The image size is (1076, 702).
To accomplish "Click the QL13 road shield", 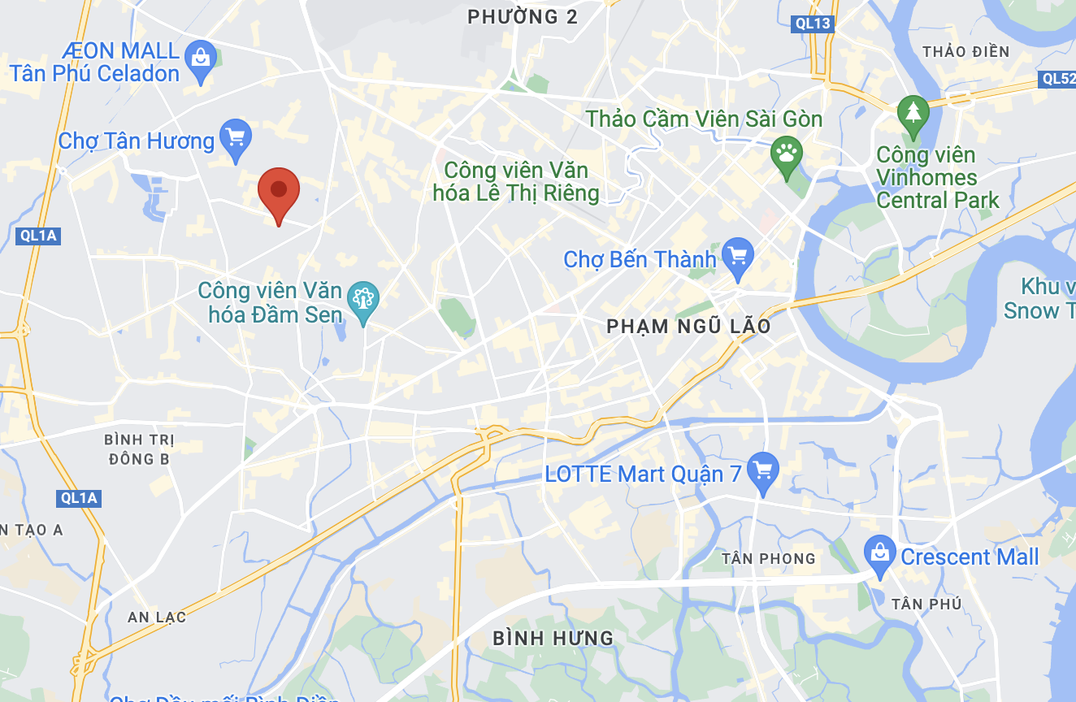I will tap(813, 24).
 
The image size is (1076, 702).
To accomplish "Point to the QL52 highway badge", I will tap(1056, 79).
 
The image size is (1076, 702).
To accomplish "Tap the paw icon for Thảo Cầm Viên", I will tap(787, 154).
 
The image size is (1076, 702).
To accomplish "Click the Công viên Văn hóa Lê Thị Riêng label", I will tap(521, 182).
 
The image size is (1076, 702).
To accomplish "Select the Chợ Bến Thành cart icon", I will tap(738, 258).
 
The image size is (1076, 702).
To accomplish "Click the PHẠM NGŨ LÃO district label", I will tap(688, 327).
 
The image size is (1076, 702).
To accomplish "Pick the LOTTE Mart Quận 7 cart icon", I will tap(762, 471).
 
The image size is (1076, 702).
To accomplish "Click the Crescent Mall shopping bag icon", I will tap(879, 554).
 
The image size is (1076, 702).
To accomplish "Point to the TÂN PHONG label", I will tap(768, 558).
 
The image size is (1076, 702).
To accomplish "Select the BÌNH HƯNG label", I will tap(553, 638).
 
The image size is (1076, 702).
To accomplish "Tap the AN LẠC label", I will tap(157, 617).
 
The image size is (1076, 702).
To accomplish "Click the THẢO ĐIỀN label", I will tap(965, 52).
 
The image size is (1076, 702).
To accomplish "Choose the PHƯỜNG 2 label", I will tap(523, 16).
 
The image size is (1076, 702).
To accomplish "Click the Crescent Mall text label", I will tap(970, 557).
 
